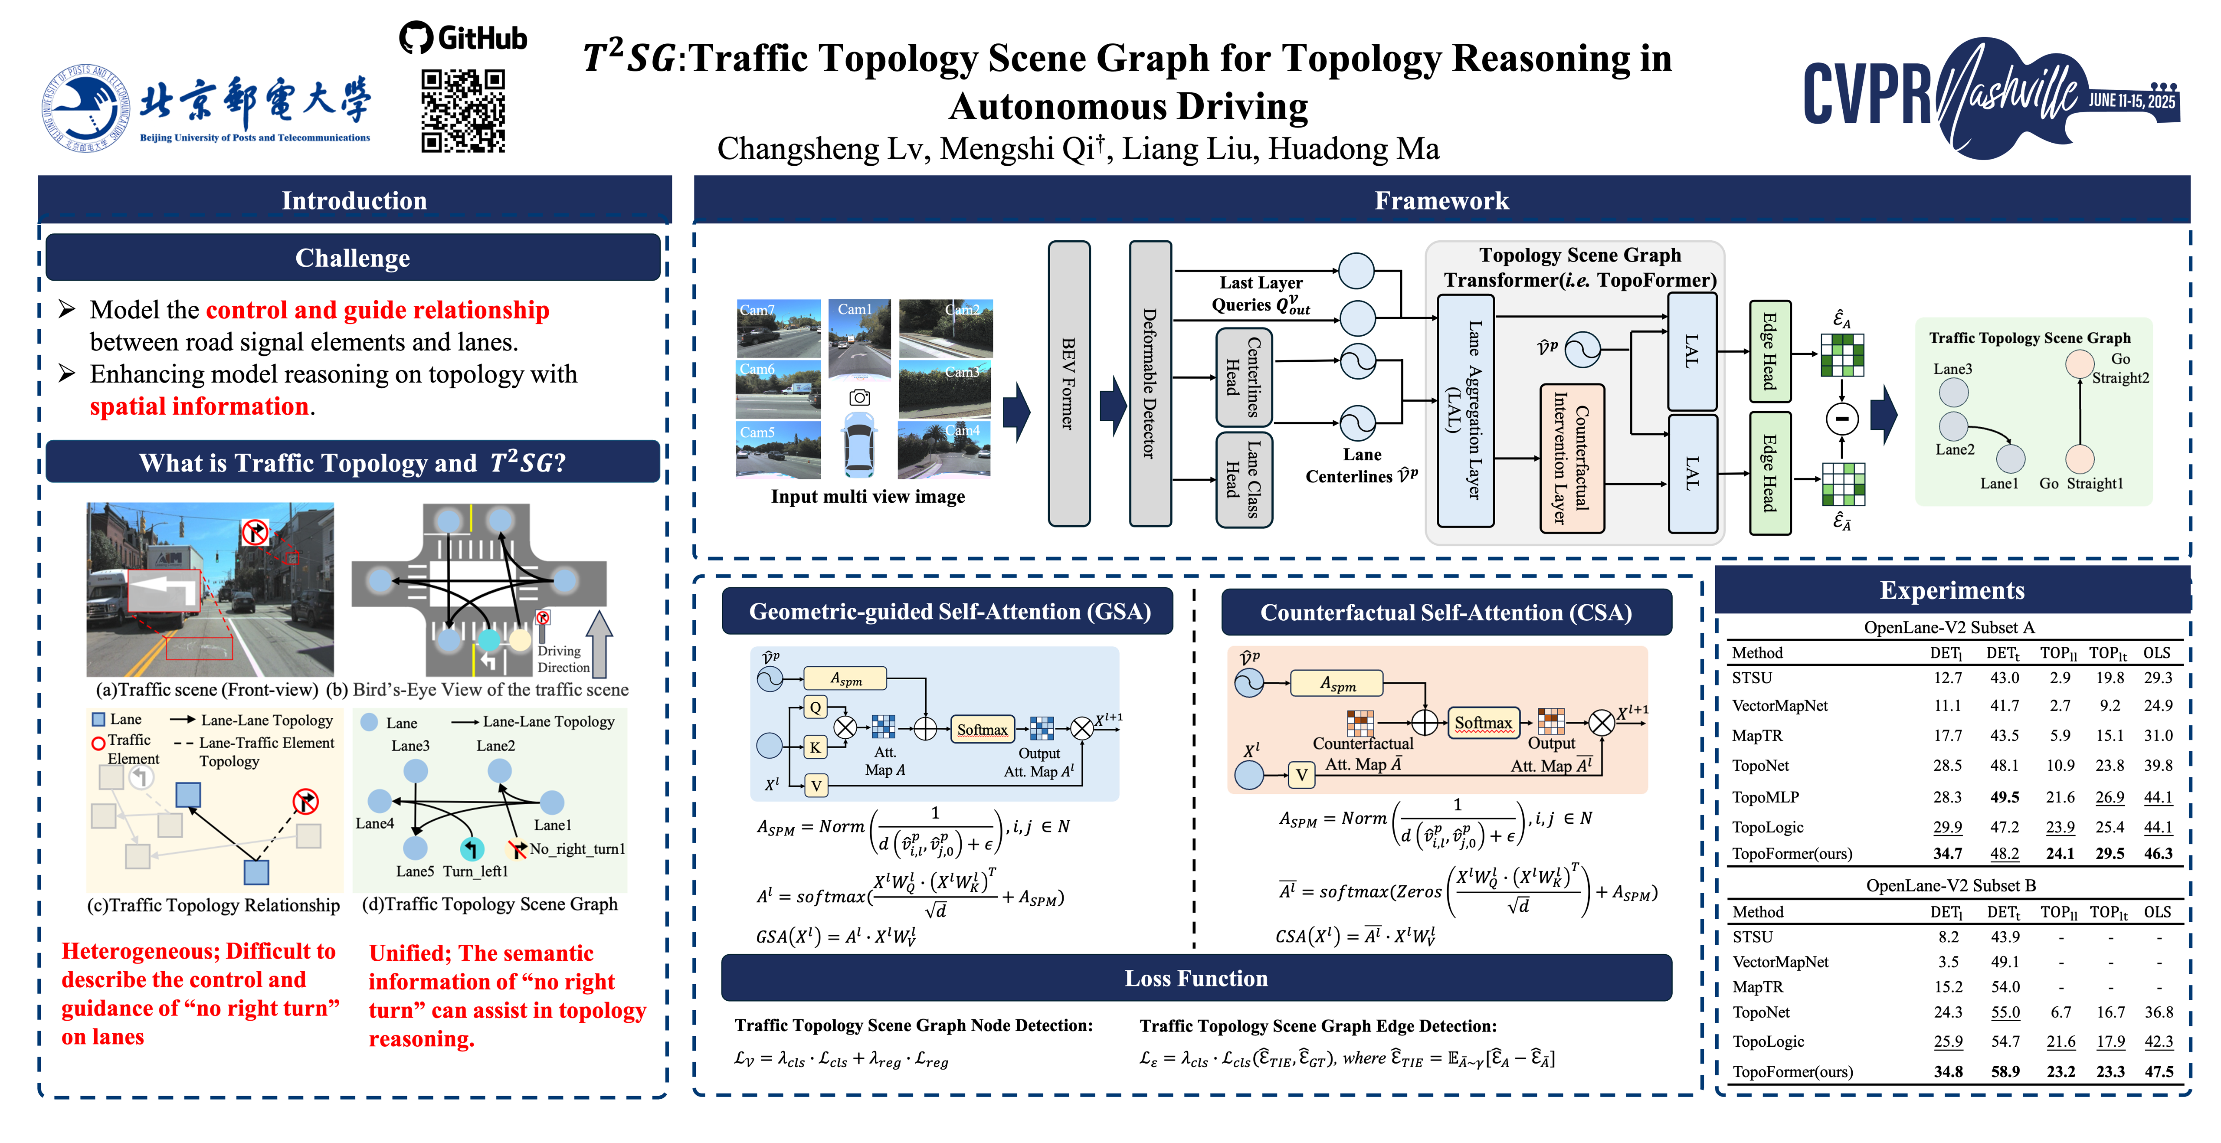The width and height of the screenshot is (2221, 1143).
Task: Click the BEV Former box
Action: (1068, 383)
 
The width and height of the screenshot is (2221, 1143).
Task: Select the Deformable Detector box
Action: (1149, 383)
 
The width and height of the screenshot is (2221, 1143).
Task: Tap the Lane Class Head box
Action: (1243, 478)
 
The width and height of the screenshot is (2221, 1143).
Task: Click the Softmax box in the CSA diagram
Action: (1483, 722)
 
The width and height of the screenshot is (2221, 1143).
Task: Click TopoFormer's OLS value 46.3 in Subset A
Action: (2158, 853)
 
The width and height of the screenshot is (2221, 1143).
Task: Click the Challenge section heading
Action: (353, 258)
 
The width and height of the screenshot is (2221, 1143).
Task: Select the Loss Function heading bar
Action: (1196, 978)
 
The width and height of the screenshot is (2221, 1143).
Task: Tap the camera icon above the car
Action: (860, 397)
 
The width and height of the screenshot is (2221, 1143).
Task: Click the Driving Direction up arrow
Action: (599, 642)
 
